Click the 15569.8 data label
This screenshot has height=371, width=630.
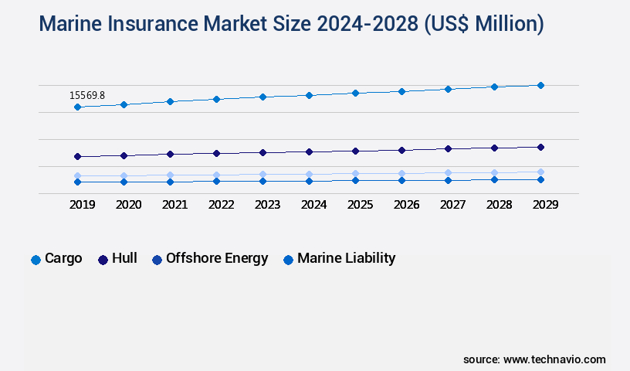87,95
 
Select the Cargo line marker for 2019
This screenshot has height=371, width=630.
77,107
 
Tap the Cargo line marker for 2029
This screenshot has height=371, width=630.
540,85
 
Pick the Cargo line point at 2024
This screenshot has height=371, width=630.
309,95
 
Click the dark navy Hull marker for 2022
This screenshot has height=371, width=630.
216,153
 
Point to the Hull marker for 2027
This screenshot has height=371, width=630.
448,148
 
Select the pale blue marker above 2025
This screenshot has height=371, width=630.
355,174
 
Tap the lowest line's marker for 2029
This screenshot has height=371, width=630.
540,179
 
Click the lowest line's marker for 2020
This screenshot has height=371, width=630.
124,182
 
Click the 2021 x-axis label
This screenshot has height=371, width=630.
174,205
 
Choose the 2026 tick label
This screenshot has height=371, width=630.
406,205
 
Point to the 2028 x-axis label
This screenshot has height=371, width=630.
499,205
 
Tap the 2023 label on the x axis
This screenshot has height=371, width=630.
267,205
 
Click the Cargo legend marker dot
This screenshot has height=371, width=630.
36,260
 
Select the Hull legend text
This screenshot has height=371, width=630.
124,258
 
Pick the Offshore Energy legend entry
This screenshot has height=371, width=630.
217,258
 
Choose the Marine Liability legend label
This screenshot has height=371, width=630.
346,258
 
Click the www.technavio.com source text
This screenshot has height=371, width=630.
554,359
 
